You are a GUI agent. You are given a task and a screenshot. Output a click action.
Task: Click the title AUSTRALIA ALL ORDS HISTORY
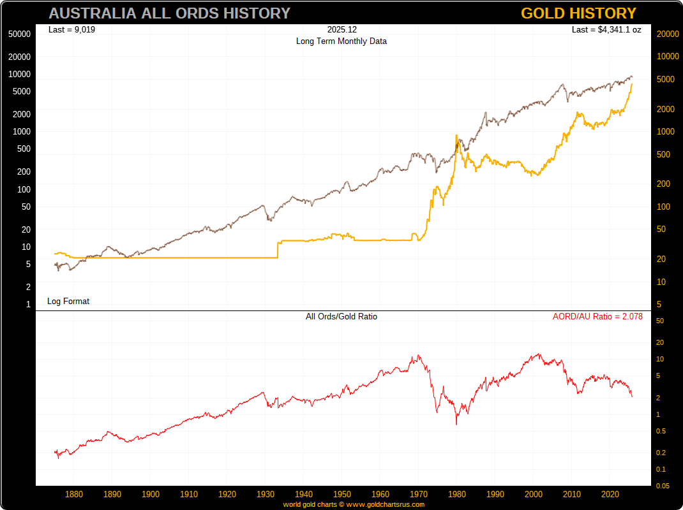pyautogui.click(x=169, y=13)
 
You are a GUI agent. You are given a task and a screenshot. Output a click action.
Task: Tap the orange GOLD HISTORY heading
pyautogui.click(x=578, y=13)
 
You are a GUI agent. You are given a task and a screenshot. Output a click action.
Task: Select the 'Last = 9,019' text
pyautogui.click(x=71, y=29)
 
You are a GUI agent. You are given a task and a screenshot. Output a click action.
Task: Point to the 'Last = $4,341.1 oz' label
pyautogui.click(x=606, y=29)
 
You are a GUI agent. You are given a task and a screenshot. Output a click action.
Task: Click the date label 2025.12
pyautogui.click(x=341, y=29)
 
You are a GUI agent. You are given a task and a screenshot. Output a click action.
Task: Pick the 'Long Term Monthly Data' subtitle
pyautogui.click(x=341, y=41)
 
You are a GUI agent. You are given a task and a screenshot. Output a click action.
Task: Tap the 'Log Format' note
pyautogui.click(x=68, y=301)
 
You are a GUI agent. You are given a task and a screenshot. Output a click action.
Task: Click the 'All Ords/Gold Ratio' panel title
pyautogui.click(x=341, y=316)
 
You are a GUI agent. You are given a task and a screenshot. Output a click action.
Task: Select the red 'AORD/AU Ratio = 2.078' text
pyautogui.click(x=597, y=316)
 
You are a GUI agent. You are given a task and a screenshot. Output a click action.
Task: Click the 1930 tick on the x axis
pyautogui.click(x=266, y=494)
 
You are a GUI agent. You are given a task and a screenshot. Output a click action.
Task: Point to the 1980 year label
pyautogui.click(x=457, y=494)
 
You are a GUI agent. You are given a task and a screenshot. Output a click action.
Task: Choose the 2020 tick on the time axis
pyautogui.click(x=610, y=494)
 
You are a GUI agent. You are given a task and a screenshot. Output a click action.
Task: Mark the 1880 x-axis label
pyautogui.click(x=74, y=494)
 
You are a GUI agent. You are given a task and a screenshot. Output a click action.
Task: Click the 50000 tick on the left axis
pyautogui.click(x=20, y=34)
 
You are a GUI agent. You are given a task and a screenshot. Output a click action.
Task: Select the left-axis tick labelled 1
pyautogui.click(x=28, y=305)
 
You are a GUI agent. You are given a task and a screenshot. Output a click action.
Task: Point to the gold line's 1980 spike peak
pyautogui.click(x=456, y=136)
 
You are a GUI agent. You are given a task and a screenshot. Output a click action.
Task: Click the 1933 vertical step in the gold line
pyautogui.click(x=278, y=249)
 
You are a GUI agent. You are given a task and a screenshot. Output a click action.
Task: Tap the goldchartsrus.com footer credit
pyautogui.click(x=354, y=504)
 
